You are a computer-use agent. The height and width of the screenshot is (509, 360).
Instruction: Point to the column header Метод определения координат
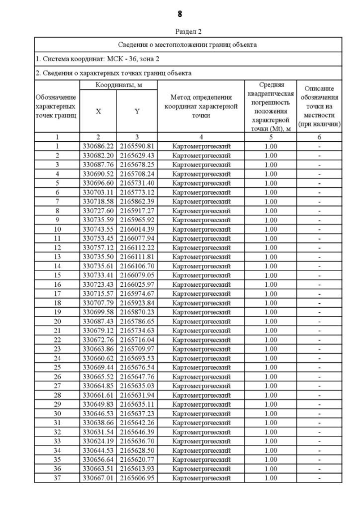pyautogui.click(x=201, y=106)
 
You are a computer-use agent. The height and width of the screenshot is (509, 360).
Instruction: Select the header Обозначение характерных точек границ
pyautogui.click(x=56, y=106)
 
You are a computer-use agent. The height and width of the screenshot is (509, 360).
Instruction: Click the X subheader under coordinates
pyautogui.click(x=98, y=111)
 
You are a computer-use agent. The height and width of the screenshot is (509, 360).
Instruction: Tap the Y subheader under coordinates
pyautogui.click(x=137, y=111)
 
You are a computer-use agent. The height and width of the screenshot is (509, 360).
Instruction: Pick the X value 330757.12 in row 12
pyautogui.click(x=98, y=247)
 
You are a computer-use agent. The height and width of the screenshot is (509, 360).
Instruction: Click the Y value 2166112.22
pyautogui.click(x=137, y=247)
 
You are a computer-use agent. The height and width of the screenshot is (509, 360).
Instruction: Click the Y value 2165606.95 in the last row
pyautogui.click(x=137, y=478)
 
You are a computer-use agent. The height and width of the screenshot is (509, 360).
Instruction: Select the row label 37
pyautogui.click(x=57, y=478)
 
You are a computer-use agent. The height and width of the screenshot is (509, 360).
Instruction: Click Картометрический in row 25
pyautogui.click(x=201, y=367)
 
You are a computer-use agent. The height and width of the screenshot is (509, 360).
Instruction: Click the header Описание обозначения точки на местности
pyautogui.click(x=319, y=106)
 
